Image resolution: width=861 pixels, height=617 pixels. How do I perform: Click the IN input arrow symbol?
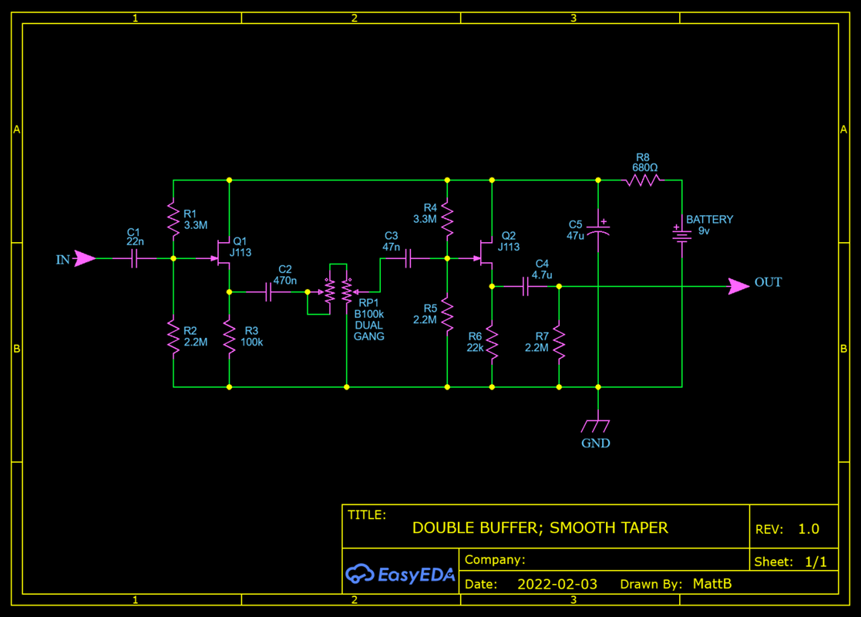pyautogui.click(x=85, y=259)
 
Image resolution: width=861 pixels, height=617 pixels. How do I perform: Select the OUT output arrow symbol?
pyautogui.click(x=738, y=286)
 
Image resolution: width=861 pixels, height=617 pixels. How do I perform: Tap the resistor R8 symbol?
pyautogui.click(x=643, y=180)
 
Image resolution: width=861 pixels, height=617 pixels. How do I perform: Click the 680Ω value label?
pyautogui.click(x=644, y=167)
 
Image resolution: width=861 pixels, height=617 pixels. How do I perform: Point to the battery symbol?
pyautogui.click(x=681, y=232)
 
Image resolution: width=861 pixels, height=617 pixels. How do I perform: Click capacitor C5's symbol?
pyautogui.click(x=598, y=230)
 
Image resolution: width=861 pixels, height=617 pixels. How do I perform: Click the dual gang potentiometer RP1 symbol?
pyautogui.click(x=338, y=292)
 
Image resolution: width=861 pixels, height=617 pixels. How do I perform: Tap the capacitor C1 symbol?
pyautogui.click(x=135, y=259)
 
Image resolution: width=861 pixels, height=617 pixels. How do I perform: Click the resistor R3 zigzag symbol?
pyautogui.click(x=229, y=336)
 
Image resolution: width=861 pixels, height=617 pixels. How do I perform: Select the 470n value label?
pyautogui.click(x=284, y=281)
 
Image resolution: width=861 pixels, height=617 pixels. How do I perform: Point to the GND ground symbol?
pyautogui.click(x=597, y=426)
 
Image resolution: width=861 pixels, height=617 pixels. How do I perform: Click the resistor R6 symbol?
pyautogui.click(x=492, y=342)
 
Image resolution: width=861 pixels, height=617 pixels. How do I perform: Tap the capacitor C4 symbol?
pyautogui.click(x=526, y=287)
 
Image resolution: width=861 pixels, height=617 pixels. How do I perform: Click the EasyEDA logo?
pyautogui.click(x=400, y=574)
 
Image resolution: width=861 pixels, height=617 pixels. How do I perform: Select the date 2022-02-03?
pyautogui.click(x=557, y=584)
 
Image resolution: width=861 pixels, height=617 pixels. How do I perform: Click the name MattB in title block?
pyautogui.click(x=711, y=584)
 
